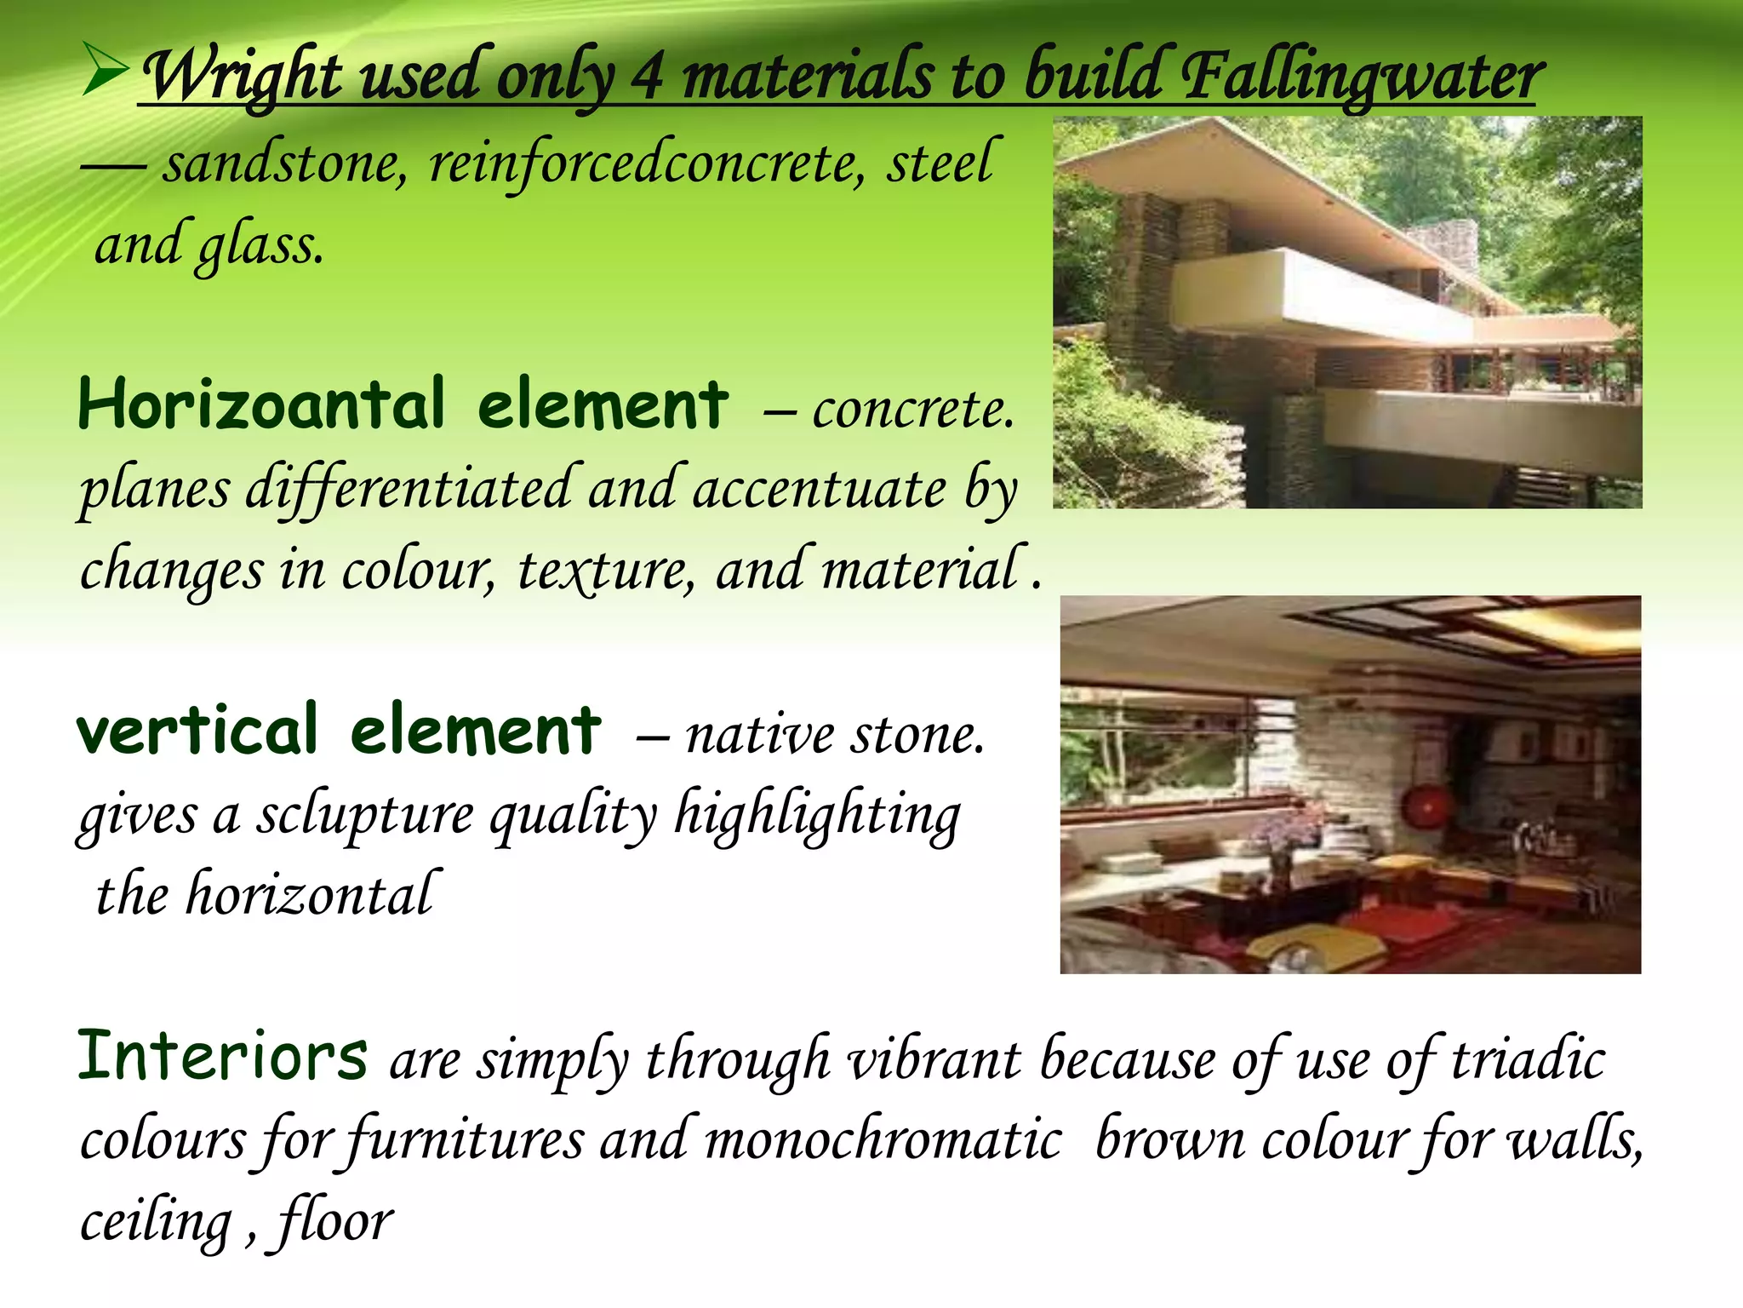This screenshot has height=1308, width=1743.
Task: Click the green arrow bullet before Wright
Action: (106, 72)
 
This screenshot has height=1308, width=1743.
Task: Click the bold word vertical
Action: (197, 731)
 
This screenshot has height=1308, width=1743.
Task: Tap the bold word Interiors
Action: (223, 1057)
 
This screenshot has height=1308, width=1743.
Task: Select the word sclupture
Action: (366, 816)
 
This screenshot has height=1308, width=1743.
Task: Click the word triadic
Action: (1528, 1061)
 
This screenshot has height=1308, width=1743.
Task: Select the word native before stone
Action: (759, 735)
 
